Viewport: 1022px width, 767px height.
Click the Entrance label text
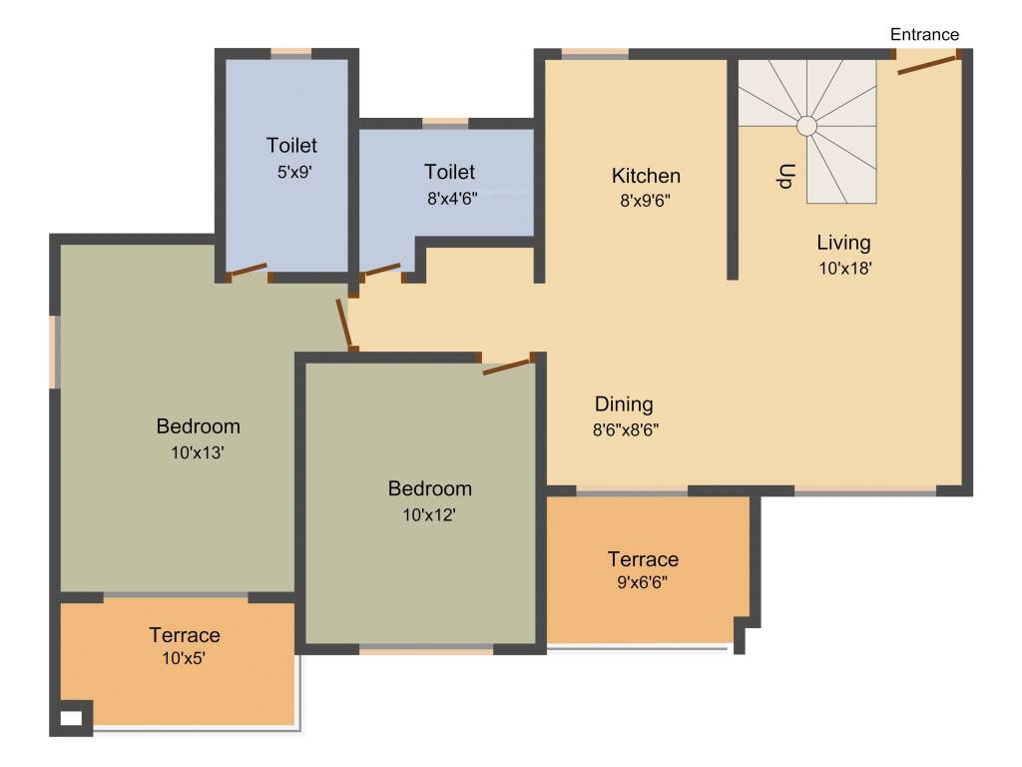(x=924, y=35)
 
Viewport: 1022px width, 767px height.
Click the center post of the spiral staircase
(x=806, y=126)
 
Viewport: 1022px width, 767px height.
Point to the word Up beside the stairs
(x=785, y=176)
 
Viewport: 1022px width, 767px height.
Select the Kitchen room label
(x=646, y=176)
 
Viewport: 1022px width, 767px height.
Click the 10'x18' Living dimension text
(x=844, y=268)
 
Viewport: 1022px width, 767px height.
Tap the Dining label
(x=624, y=404)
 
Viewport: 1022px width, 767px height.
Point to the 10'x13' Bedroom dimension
(x=198, y=452)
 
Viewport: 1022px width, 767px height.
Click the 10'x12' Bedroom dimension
(x=429, y=515)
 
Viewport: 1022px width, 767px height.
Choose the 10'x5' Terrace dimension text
(x=184, y=658)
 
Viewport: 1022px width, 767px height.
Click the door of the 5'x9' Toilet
(x=248, y=270)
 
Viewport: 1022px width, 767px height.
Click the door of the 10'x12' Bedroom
(x=508, y=366)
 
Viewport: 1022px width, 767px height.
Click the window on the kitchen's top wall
(x=595, y=54)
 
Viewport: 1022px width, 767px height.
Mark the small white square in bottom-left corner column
(x=71, y=717)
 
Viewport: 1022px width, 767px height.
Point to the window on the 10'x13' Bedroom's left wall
(x=56, y=352)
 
